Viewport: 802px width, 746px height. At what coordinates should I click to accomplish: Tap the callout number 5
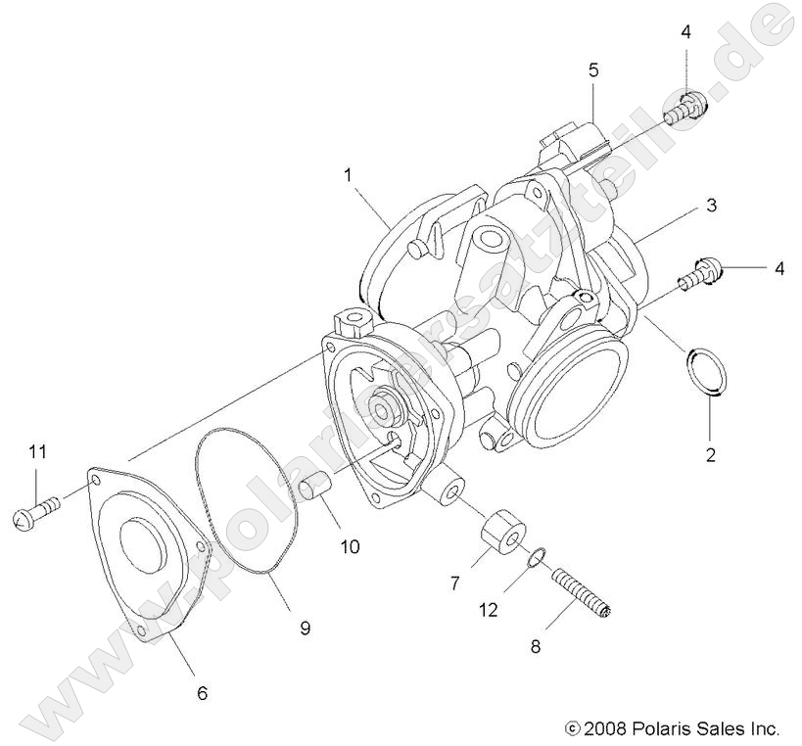[593, 70]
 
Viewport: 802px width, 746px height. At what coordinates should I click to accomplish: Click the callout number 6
[203, 693]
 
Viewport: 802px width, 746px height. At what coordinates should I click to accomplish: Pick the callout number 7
[454, 584]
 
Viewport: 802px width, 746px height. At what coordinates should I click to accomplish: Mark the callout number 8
[535, 646]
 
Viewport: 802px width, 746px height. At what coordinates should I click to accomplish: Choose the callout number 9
[305, 628]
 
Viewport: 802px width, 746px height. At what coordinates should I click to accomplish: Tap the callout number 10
[350, 546]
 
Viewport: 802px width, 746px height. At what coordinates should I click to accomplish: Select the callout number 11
[37, 451]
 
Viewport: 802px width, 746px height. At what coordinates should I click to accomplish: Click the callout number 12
[489, 609]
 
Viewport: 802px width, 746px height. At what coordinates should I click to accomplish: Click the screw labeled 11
[36, 511]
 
